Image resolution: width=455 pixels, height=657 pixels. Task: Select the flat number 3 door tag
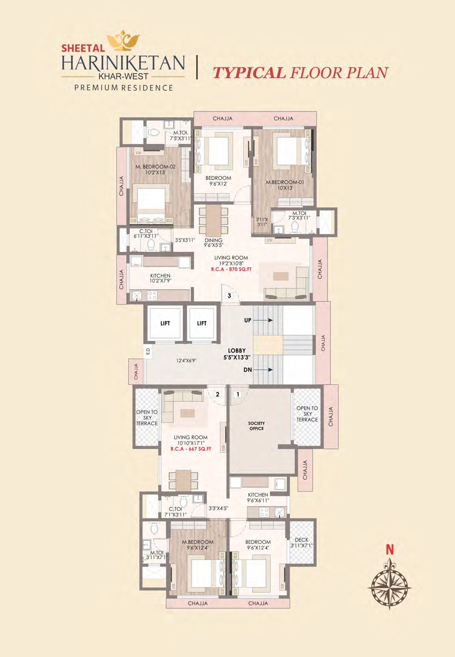tap(229, 296)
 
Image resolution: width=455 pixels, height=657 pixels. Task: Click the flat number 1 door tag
tap(237, 395)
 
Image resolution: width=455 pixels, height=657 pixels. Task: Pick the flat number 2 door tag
tap(218, 395)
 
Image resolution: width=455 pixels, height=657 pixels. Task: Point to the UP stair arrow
tap(262, 320)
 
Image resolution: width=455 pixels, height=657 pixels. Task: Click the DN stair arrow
tap(262, 370)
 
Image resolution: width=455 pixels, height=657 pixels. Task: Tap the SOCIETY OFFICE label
tap(256, 426)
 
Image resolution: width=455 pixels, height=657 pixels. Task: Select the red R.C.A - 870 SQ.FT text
tap(231, 269)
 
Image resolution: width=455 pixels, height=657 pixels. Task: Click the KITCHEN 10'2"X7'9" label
tap(160, 278)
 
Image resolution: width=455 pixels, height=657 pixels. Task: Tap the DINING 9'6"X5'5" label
tap(213, 243)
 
